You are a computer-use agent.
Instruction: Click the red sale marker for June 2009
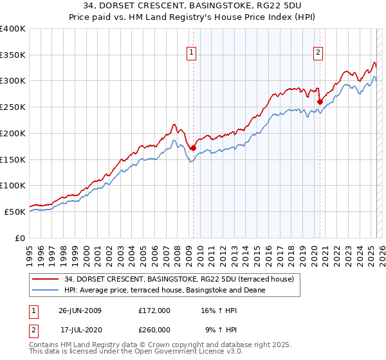pyautogui.click(x=193, y=148)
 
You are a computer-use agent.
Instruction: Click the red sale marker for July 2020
pyautogui.click(x=320, y=101)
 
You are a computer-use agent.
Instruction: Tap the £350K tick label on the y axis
pyautogui.click(x=13, y=55)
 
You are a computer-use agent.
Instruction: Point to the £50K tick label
pyautogui.click(x=15, y=212)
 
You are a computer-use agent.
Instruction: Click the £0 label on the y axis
pyautogui.click(x=21, y=238)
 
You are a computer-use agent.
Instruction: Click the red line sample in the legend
pyautogui.click(x=46, y=279)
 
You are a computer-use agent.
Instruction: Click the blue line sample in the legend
pyautogui.click(x=46, y=290)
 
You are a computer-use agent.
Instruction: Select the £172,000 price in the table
pyautogui.click(x=154, y=310)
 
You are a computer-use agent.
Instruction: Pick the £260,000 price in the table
pyautogui.click(x=154, y=329)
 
